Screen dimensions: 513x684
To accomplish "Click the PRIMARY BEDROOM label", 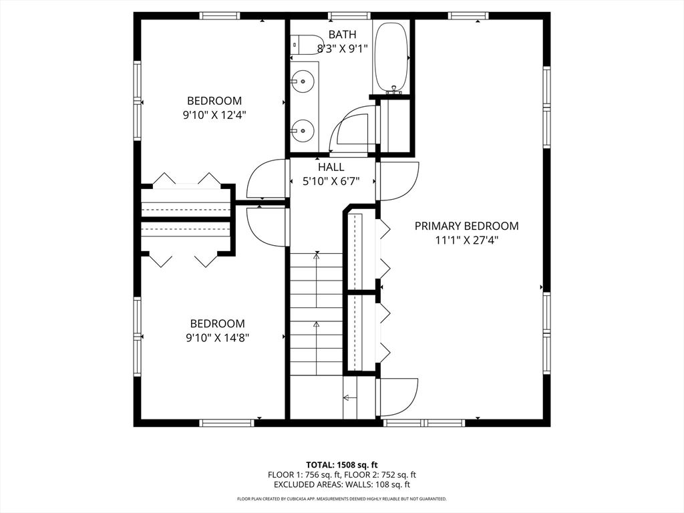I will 466,226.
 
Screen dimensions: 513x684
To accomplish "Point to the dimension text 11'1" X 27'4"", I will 466,240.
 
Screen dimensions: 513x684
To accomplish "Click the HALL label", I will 331,167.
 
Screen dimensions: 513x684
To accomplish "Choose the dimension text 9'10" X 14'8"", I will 217,337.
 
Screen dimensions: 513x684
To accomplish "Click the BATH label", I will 342,34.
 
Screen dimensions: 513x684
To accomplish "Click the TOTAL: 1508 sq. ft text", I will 342,464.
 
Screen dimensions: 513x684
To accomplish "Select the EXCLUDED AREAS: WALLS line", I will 342,485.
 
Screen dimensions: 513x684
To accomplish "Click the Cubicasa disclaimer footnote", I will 342,499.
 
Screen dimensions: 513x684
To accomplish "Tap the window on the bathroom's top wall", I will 349,15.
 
